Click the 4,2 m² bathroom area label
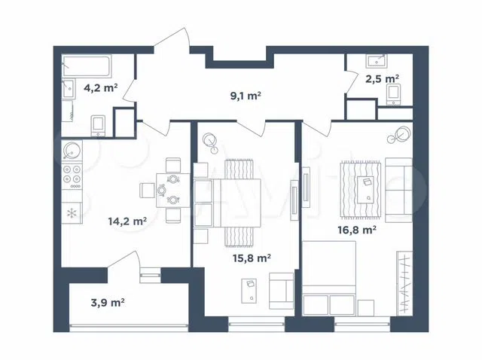pyautogui.click(x=101, y=88)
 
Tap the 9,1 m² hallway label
pyautogui.click(x=246, y=96)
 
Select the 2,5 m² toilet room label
pyautogui.click(x=382, y=79)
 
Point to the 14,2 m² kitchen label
pyautogui.click(x=127, y=221)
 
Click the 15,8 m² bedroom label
pyautogui.click(x=252, y=258)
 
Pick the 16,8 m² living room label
pyautogui.click(x=357, y=230)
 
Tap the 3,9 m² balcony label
pyautogui.click(x=108, y=303)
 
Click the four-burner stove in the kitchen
pyautogui.click(x=72, y=176)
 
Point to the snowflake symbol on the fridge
pyautogui.click(x=72, y=213)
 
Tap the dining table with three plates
pyautogui.click(x=173, y=191)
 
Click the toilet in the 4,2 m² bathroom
pyautogui.click(x=99, y=126)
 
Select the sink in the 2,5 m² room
pyautogui.click(x=377, y=61)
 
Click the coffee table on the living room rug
pyautogui.click(x=365, y=190)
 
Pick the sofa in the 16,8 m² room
pyautogui.click(x=398, y=190)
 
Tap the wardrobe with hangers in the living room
pyautogui.click(x=404, y=283)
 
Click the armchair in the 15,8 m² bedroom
pyautogui.click(x=281, y=291)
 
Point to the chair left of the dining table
pyautogui.click(x=148, y=191)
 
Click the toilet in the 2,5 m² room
pyautogui.click(x=393, y=95)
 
